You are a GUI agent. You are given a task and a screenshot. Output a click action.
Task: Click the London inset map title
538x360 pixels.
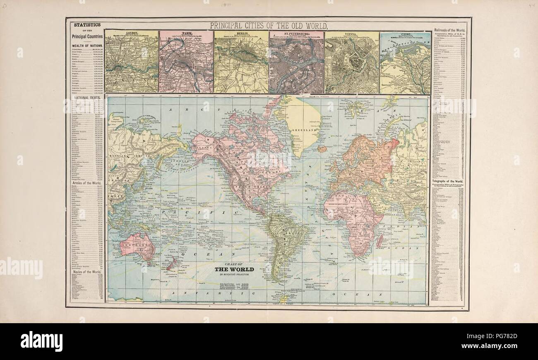pyautogui.click(x=131, y=32)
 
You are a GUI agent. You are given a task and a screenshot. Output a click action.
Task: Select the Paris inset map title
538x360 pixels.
pyautogui.click(x=186, y=32)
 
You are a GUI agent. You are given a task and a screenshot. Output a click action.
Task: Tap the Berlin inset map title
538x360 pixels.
pyautogui.click(x=241, y=32)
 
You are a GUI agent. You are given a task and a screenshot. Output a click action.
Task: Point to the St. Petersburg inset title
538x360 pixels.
pyautogui.click(x=296, y=32)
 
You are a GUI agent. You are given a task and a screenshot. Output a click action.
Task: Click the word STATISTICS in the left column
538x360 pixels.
pyautogui.click(x=87, y=25)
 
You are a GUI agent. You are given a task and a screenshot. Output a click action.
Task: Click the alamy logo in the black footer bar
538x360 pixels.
pyautogui.click(x=41, y=342)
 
